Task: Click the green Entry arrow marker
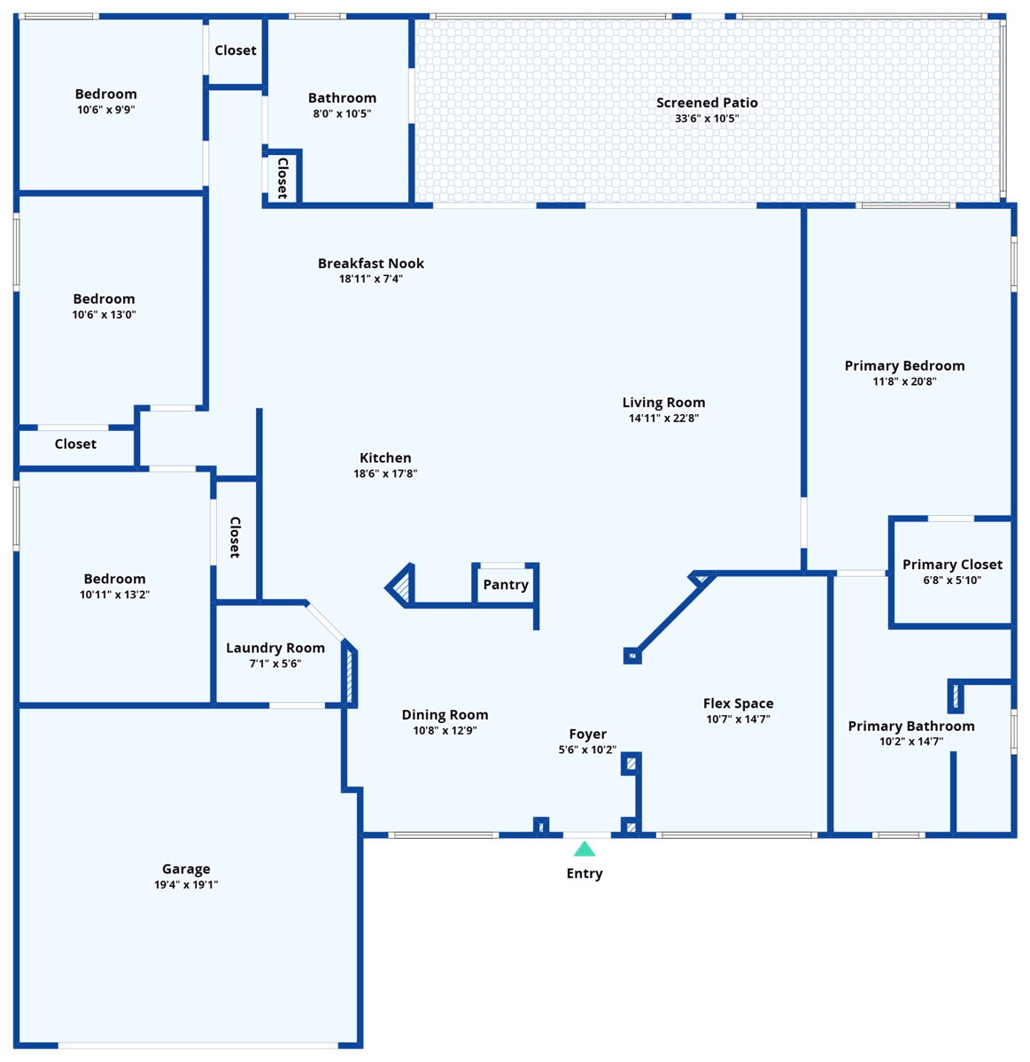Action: click(585, 849)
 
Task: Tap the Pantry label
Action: click(506, 585)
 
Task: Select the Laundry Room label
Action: click(275, 648)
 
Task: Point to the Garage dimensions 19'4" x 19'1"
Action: click(186, 885)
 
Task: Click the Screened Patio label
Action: click(707, 103)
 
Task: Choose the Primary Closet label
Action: click(952, 565)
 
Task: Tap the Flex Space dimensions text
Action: click(739, 720)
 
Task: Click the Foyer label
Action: click(588, 734)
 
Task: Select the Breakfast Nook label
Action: click(371, 263)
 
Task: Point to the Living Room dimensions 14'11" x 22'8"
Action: click(663, 418)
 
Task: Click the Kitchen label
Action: click(385, 458)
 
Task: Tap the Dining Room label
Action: click(445, 715)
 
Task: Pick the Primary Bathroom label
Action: click(911, 726)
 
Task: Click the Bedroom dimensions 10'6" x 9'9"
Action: click(106, 110)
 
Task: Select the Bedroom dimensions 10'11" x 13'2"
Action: click(114, 595)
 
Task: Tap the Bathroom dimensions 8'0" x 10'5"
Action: click(342, 113)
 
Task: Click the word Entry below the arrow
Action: click(585, 873)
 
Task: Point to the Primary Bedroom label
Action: click(904, 366)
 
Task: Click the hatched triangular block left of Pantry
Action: click(401, 586)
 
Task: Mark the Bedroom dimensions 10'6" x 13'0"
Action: click(105, 314)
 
